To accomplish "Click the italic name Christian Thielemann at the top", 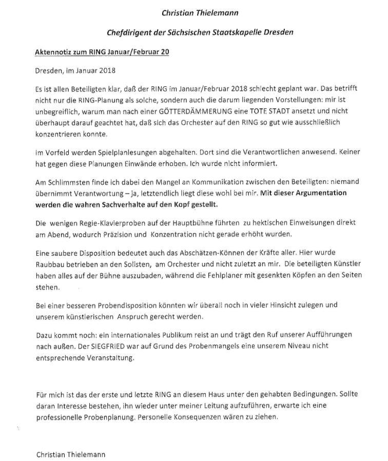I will (192, 12).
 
